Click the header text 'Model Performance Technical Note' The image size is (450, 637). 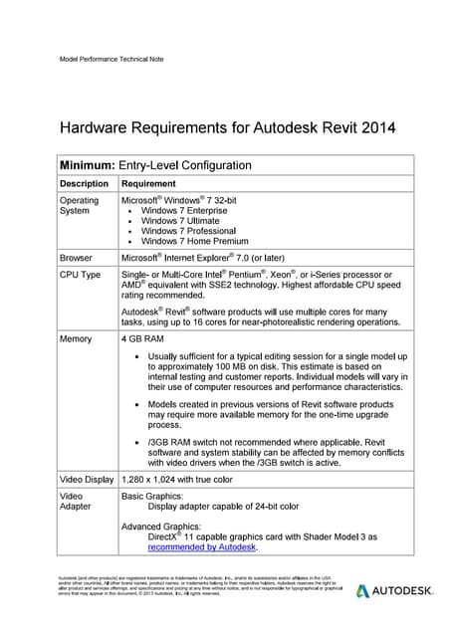point(112,59)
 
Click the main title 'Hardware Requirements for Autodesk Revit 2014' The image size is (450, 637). point(228,127)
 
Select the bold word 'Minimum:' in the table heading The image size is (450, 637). point(88,165)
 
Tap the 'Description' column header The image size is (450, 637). point(84,184)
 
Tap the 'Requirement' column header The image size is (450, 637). point(148,184)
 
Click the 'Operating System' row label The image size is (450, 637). point(80,206)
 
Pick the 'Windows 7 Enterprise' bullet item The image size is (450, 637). point(188,211)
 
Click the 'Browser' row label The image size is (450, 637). point(76,257)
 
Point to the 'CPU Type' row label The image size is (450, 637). point(81,274)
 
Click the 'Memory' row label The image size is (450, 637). point(76,339)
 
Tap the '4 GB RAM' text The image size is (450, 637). point(143,339)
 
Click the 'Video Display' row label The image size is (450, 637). point(87,480)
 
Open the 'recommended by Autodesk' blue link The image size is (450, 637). point(202,546)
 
